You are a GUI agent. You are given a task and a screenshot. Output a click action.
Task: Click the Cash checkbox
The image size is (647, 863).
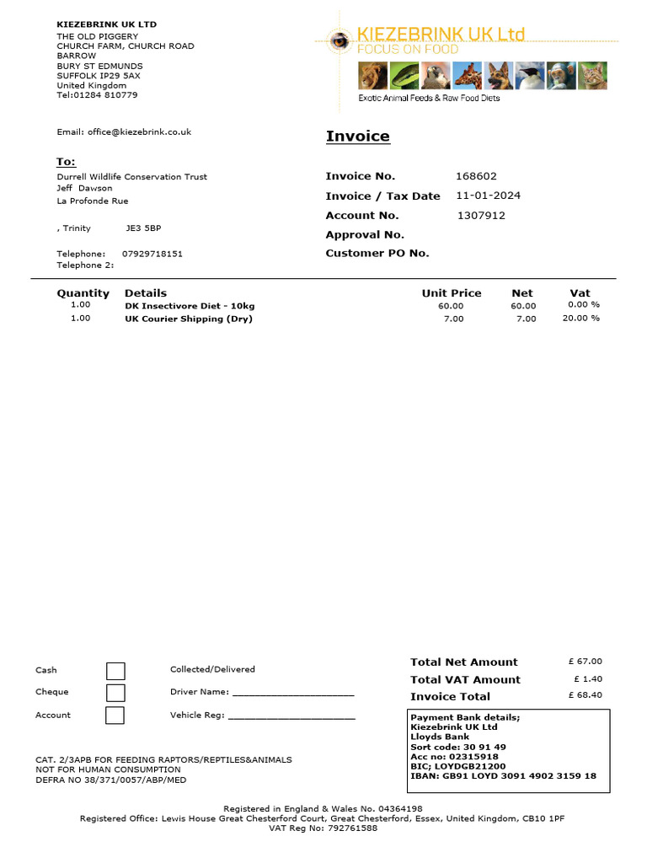[x=115, y=671]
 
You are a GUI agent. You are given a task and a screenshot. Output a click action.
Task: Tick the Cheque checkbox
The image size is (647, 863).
[x=115, y=693]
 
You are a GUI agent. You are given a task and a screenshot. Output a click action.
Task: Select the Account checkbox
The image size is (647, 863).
[x=115, y=715]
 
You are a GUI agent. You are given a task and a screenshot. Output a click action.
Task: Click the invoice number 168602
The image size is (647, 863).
[x=476, y=176]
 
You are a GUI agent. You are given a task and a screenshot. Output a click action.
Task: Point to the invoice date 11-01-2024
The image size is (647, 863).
[x=488, y=196]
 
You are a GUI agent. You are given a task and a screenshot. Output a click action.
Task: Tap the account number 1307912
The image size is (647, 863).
[x=481, y=215]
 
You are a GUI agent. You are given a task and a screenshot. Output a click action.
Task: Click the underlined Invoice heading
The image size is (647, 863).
[x=358, y=137]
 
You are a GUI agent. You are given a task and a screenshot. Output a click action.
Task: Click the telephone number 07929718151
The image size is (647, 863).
[x=152, y=254]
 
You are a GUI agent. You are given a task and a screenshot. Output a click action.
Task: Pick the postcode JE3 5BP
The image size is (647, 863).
[x=143, y=228]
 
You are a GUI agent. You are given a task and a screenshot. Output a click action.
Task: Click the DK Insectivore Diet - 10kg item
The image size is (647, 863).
[x=190, y=305]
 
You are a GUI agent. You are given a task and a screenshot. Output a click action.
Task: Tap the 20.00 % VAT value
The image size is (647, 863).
[x=581, y=319]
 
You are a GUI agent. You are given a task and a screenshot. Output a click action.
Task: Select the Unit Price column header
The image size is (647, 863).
[x=452, y=293]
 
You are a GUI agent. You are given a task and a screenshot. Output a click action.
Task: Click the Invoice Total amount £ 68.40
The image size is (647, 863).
[x=586, y=695]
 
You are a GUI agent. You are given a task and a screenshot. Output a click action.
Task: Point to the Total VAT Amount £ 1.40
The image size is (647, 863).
[x=588, y=678]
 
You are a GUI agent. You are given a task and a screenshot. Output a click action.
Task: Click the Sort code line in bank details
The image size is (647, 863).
[x=458, y=747]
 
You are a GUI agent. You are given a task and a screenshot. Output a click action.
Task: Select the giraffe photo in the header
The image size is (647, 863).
[x=468, y=76]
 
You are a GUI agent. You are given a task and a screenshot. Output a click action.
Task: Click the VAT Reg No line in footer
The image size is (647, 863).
[x=323, y=828]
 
